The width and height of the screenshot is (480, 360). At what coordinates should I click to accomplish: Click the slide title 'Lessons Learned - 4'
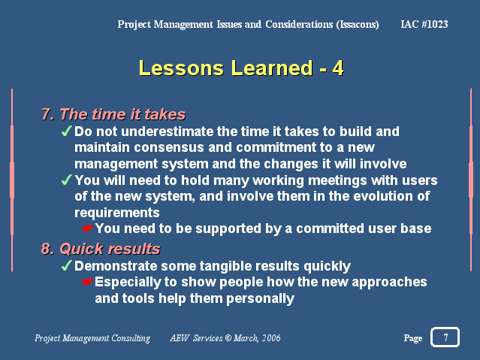241,68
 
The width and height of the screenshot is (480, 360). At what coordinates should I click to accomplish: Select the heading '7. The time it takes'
113,114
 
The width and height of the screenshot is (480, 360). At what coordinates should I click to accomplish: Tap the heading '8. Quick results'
101,249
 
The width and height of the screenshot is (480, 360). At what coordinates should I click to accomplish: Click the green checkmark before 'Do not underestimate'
66,131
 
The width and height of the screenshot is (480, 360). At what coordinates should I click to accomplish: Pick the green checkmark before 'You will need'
66,180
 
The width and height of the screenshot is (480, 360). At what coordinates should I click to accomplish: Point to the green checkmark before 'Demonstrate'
66,265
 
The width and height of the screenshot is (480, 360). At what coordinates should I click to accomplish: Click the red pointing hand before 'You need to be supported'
88,228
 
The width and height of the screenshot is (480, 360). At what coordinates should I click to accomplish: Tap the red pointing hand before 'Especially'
88,282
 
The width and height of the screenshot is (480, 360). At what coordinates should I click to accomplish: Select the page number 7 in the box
445,337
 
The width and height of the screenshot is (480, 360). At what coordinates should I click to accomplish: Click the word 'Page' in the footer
413,338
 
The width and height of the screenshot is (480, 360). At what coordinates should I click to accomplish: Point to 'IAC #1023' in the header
424,24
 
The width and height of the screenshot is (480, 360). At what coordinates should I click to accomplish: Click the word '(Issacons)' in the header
358,25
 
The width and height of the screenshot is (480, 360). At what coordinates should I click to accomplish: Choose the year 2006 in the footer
271,338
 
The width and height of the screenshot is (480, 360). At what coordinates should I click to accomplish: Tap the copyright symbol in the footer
228,338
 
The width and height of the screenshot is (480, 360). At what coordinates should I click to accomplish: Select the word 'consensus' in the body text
169,147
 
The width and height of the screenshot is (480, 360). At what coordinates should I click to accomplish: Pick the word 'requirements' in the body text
117,213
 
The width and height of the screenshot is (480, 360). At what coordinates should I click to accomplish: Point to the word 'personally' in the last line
260,298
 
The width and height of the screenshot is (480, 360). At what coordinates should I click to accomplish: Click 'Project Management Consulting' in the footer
92,338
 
